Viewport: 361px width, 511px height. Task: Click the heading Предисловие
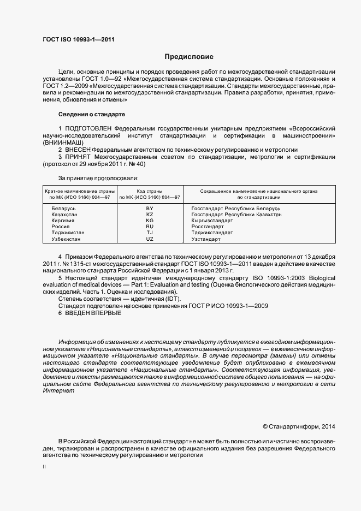click(x=189, y=57)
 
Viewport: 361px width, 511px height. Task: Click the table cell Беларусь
click(x=63, y=209)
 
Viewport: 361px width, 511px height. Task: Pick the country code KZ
click(x=150, y=216)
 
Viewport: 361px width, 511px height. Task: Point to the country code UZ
click(x=150, y=239)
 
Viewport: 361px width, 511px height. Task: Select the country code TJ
click(x=150, y=231)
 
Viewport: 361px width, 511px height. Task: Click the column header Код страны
click(x=150, y=191)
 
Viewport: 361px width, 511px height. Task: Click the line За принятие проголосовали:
click(x=98, y=178)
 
